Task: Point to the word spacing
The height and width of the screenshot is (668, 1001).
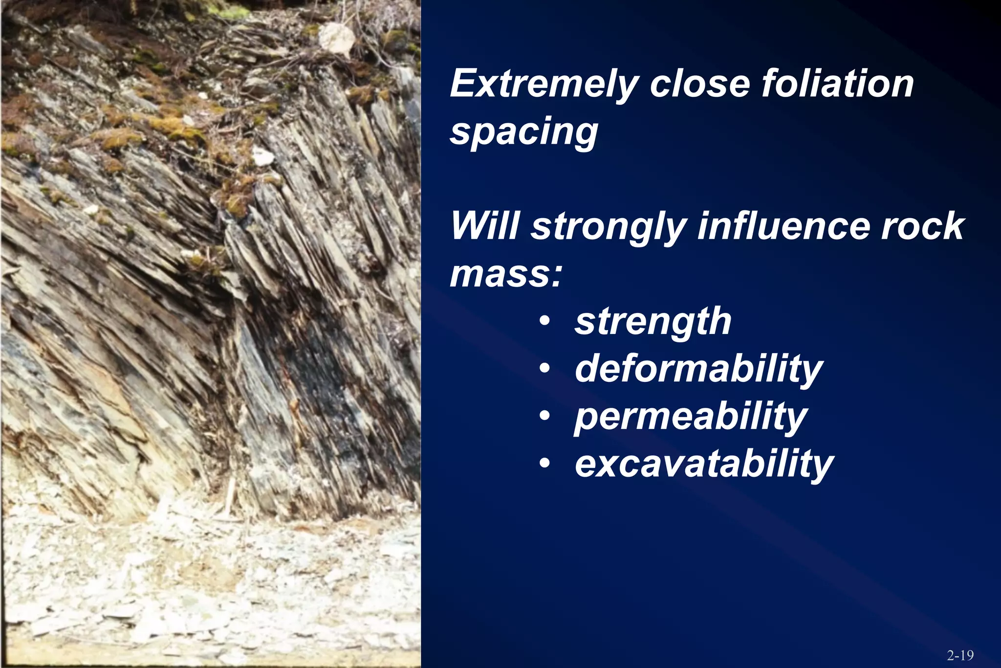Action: pyautogui.click(x=524, y=132)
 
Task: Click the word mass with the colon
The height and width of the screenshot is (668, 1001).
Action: pyautogui.click(x=506, y=274)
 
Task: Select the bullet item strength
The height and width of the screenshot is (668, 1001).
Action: pyautogui.click(x=653, y=322)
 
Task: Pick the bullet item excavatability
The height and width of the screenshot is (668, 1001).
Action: pyautogui.click(x=704, y=464)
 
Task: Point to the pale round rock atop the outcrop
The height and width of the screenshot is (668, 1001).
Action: pyautogui.click(x=336, y=37)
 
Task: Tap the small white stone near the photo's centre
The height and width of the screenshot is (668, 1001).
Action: pyautogui.click(x=263, y=156)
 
